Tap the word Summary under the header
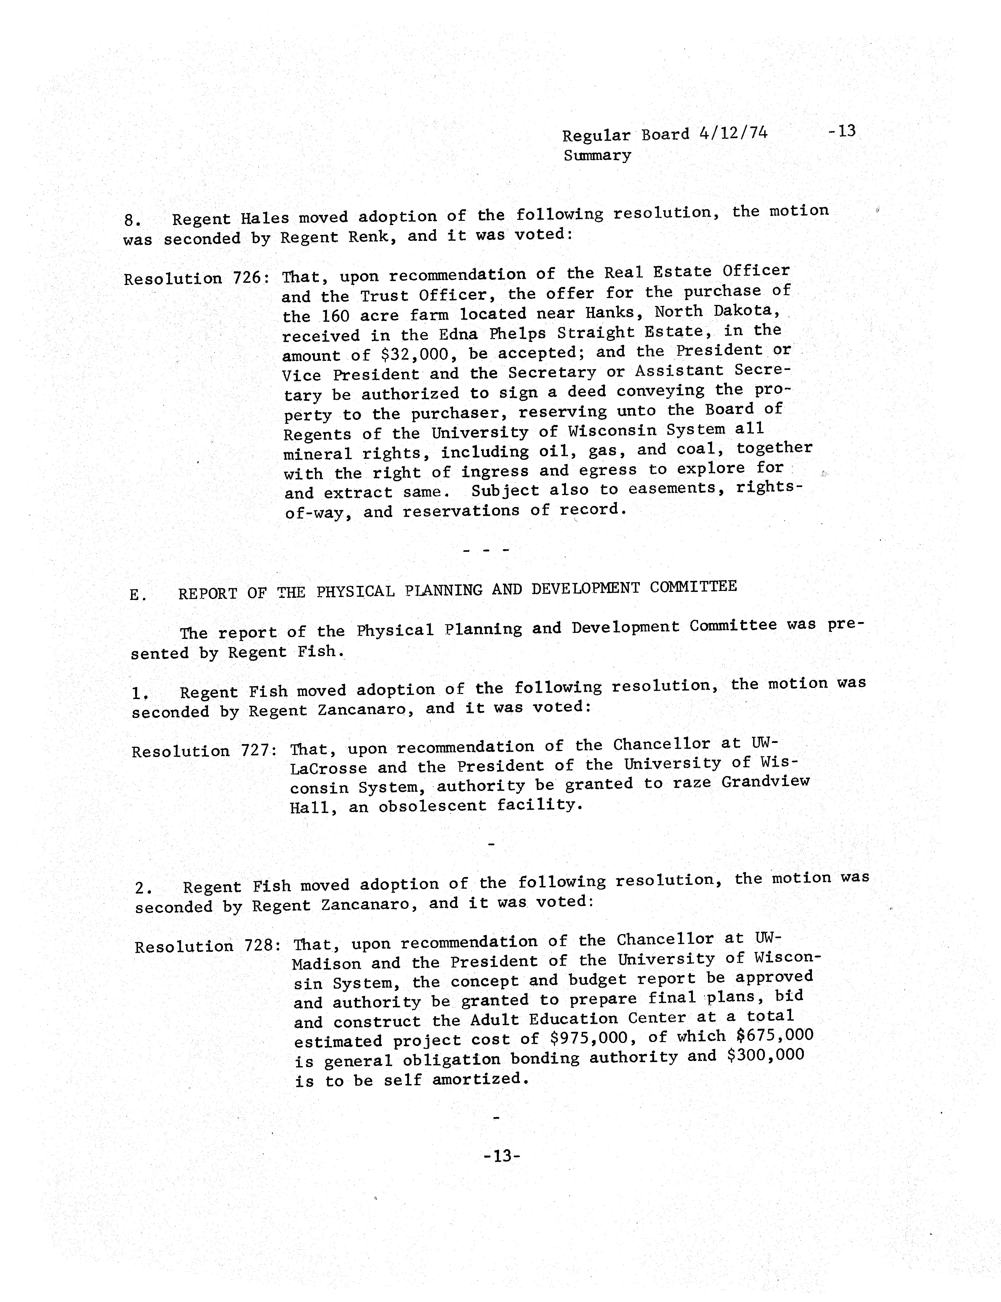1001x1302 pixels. (597, 156)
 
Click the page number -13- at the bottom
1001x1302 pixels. (502, 1156)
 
